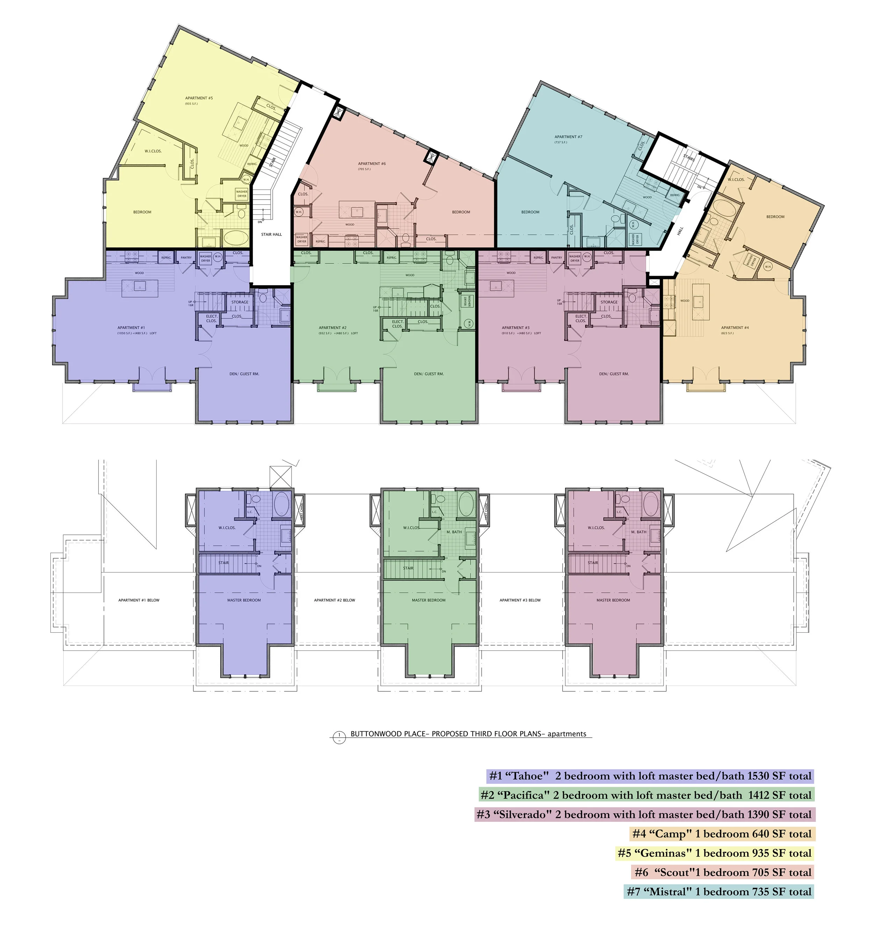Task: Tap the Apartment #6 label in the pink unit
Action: pyautogui.click(x=372, y=164)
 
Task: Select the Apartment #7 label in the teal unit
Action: pyautogui.click(x=568, y=137)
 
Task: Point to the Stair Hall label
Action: pyautogui.click(x=271, y=235)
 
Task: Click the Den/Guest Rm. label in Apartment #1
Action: pyautogui.click(x=244, y=374)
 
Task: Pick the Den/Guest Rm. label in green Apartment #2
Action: pyautogui.click(x=429, y=374)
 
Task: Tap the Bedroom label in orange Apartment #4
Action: pyautogui.click(x=775, y=217)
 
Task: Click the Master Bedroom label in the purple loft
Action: pyautogui.click(x=244, y=600)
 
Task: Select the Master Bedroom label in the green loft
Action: pyautogui.click(x=429, y=600)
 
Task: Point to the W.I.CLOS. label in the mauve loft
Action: pyautogui.click(x=596, y=528)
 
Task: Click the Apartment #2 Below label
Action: pyautogui.click(x=335, y=600)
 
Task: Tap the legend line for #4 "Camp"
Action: pyautogui.click(x=722, y=833)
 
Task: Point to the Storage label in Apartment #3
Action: pyautogui.click(x=609, y=302)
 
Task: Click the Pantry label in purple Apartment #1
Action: pyautogui.click(x=186, y=257)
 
